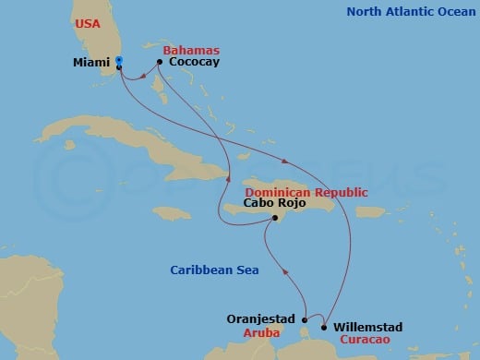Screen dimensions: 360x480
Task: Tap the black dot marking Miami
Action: (119, 67)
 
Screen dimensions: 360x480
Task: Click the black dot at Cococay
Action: (160, 62)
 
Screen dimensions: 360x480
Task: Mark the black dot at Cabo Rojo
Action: (274, 218)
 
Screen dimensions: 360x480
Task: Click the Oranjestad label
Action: (261, 318)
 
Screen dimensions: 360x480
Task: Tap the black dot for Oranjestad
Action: (305, 319)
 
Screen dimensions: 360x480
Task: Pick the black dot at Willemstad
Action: (324, 326)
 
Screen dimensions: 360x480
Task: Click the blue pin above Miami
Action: (119, 60)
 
